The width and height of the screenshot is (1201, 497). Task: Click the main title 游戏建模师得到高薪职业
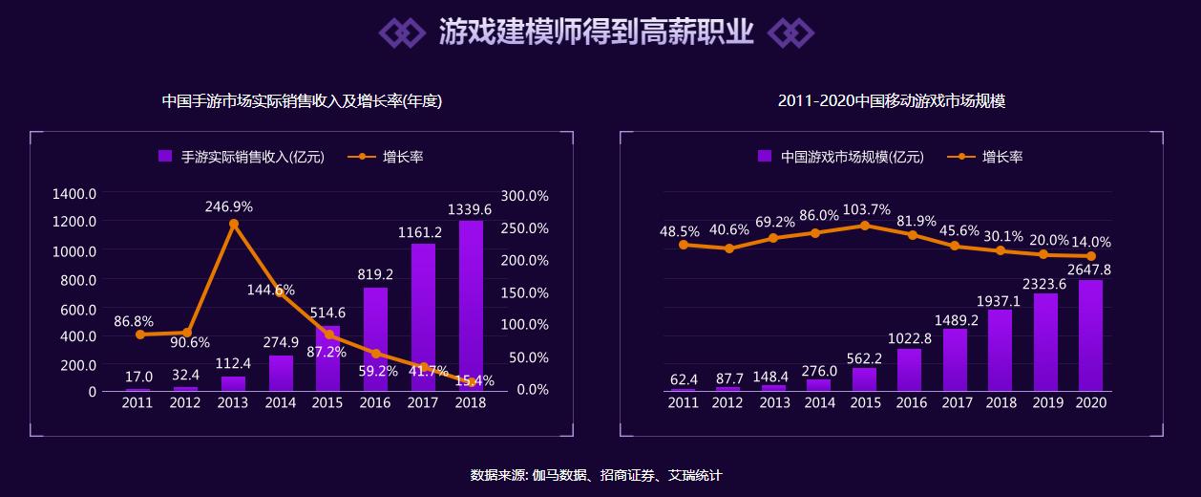click(x=596, y=32)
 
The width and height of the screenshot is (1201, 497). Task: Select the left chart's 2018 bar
click(x=471, y=306)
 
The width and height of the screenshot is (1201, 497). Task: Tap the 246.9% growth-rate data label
click(x=228, y=206)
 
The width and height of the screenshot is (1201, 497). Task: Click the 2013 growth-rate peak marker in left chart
click(x=233, y=225)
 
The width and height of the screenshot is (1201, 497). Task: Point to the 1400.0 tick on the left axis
click(x=74, y=193)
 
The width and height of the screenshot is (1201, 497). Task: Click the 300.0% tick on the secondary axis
click(x=524, y=195)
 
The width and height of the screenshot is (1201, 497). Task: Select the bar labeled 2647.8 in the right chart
click(x=1090, y=335)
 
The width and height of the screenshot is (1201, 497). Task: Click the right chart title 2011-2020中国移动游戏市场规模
click(x=891, y=100)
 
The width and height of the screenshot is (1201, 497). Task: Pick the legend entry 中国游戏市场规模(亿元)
click(x=841, y=157)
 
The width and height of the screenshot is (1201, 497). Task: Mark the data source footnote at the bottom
click(x=596, y=475)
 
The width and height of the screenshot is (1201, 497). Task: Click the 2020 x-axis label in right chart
click(x=1090, y=403)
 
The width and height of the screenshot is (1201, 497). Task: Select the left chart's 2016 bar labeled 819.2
click(x=375, y=339)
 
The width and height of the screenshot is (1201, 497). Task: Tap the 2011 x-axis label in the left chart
click(x=137, y=403)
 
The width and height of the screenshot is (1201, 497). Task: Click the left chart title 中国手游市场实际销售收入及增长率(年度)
click(x=302, y=100)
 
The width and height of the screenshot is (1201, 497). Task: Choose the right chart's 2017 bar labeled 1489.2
click(x=955, y=359)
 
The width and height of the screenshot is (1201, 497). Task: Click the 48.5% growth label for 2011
click(x=679, y=231)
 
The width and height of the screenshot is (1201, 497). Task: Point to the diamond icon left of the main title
click(x=401, y=32)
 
